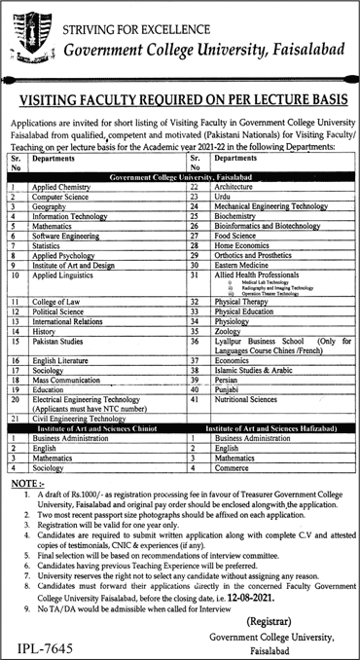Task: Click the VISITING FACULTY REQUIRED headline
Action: point(181,97)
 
